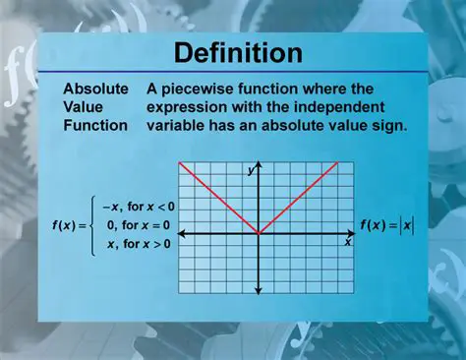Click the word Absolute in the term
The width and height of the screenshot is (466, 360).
click(95, 89)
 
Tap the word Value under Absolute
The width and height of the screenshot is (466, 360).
click(83, 106)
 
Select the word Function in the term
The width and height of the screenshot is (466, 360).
click(95, 125)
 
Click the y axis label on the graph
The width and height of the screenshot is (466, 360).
click(251, 171)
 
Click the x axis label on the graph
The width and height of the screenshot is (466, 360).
click(347, 241)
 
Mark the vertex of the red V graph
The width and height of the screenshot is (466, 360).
click(258, 233)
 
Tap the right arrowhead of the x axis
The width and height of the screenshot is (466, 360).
click(349, 233)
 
